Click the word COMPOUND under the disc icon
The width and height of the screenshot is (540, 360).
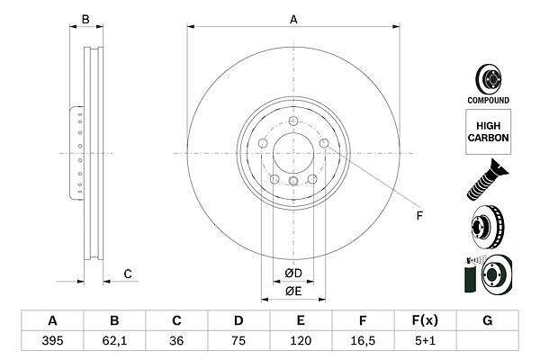click(488, 100)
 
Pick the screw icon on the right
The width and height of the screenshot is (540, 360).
click(486, 177)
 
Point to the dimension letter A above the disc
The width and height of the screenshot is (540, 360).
click(294, 18)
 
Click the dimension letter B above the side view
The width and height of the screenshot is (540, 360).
click(86, 19)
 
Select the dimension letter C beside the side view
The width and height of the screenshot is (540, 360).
click(128, 274)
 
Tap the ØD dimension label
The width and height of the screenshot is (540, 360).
click(293, 274)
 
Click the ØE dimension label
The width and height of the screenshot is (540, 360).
click(293, 291)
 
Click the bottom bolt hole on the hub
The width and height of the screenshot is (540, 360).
click(294, 182)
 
